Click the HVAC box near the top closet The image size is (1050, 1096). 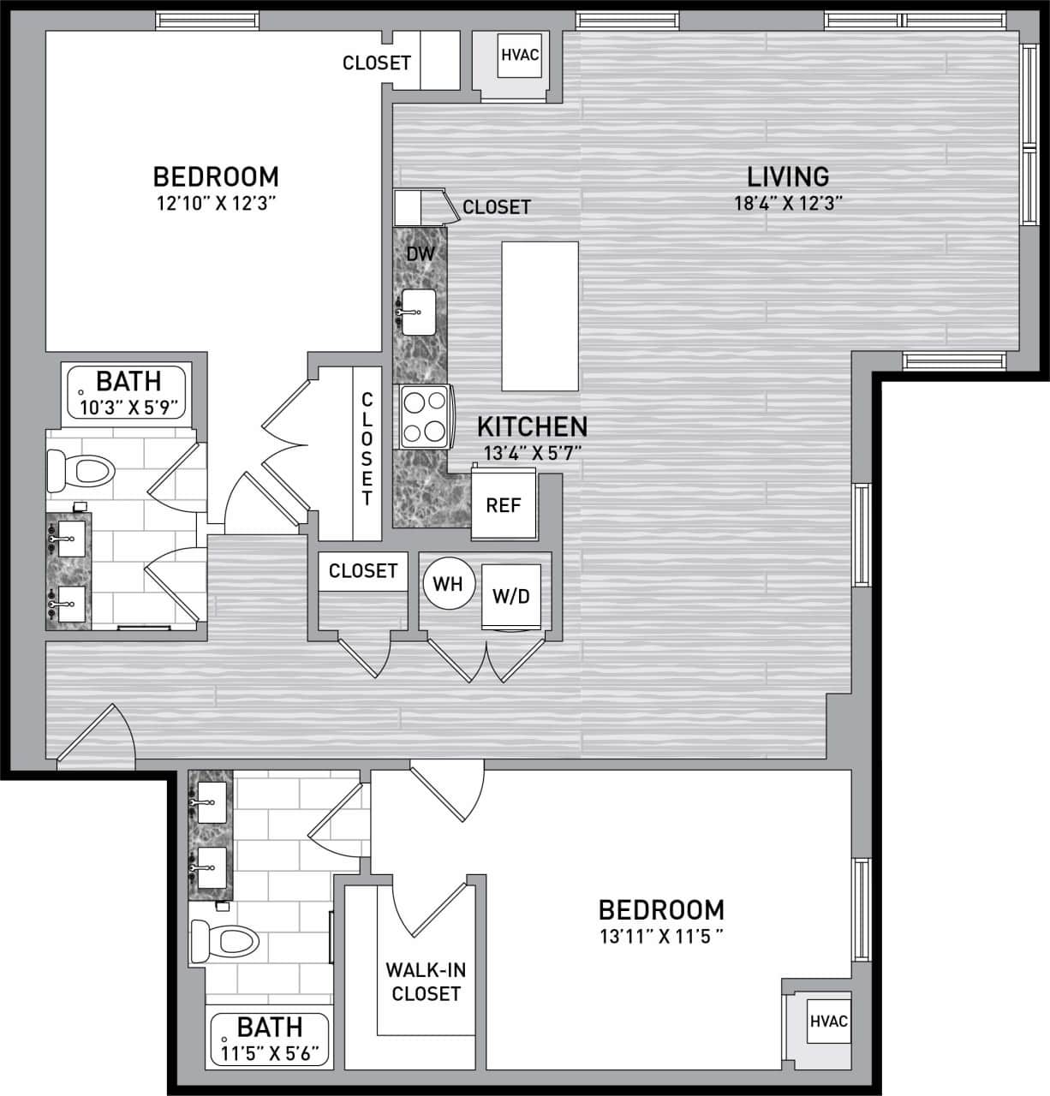point(519,56)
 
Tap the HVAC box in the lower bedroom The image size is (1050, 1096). point(828,1022)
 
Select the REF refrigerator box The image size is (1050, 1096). point(503,505)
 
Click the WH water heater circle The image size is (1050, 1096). point(447,584)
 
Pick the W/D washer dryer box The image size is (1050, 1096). point(510,597)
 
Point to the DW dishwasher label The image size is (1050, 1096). point(420,253)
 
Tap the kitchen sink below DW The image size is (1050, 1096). point(419,313)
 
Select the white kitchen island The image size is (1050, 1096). point(540,316)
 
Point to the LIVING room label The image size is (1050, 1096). point(788,176)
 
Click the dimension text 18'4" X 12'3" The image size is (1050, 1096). point(788,203)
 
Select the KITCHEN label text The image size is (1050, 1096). point(532,426)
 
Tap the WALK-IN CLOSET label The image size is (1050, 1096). point(426,982)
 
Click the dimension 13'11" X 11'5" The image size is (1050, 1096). point(660,935)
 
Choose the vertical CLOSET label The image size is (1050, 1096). point(367,449)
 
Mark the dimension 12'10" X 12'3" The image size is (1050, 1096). point(215,203)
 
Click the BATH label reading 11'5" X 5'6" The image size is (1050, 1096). point(269,1051)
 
